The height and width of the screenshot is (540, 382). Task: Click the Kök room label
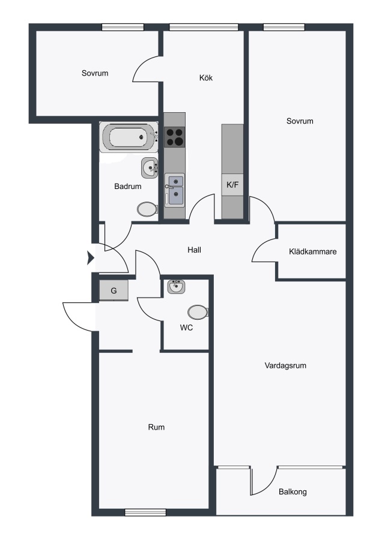[x=206, y=78]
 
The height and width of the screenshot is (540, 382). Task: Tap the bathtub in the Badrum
[x=129, y=137]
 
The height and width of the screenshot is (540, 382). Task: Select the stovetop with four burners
[x=174, y=137]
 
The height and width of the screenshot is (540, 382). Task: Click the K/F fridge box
[x=232, y=185]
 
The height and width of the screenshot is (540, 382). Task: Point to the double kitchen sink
[x=175, y=190]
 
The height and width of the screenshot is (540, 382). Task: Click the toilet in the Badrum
[x=148, y=209]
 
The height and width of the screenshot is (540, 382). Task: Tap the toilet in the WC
[x=198, y=312]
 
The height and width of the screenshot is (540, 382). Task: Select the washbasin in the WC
[x=177, y=287]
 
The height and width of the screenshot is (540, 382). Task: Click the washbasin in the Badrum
[x=150, y=168]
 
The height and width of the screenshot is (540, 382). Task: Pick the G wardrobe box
[x=114, y=290]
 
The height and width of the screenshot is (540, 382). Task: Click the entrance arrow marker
[x=91, y=257]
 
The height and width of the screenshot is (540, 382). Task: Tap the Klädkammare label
[x=313, y=252]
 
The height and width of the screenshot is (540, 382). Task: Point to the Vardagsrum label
[x=285, y=365]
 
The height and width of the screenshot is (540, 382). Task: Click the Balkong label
[x=293, y=492]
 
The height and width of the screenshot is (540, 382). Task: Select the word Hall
[x=195, y=250]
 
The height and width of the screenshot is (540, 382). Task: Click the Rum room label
[x=156, y=427]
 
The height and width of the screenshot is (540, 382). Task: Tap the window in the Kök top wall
[x=204, y=27]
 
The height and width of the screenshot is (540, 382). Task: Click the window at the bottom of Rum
[x=145, y=512]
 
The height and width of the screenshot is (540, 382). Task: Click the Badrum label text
[x=128, y=187]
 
